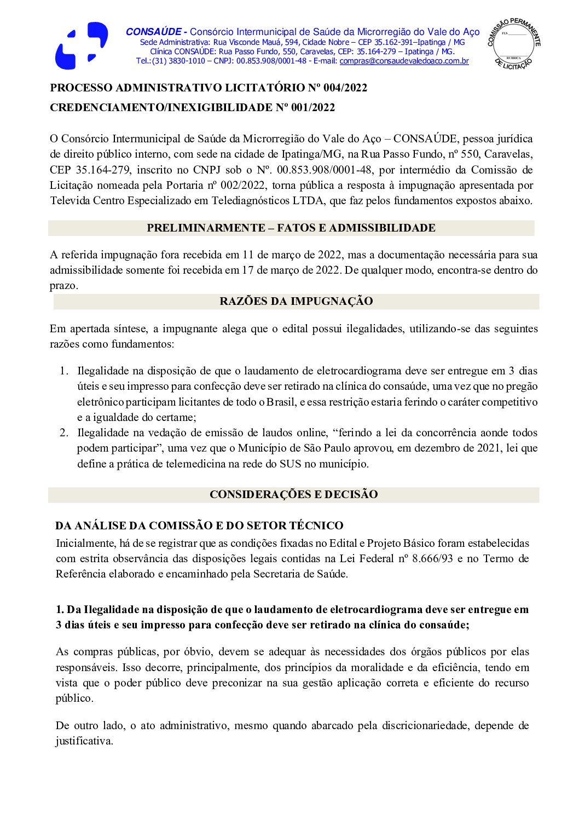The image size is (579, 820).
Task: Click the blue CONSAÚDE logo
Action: click(81, 46)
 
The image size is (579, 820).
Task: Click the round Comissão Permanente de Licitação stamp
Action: click(513, 43)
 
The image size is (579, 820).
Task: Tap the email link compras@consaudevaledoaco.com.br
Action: click(404, 61)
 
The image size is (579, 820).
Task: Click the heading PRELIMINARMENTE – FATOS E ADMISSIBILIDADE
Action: click(291, 228)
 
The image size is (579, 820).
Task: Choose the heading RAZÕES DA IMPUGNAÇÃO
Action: click(296, 302)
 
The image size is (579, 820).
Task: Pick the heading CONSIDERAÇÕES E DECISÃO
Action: click(293, 495)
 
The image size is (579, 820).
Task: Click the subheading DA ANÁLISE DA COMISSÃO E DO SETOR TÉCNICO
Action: click(199, 526)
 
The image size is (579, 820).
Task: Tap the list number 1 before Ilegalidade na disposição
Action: click(63, 371)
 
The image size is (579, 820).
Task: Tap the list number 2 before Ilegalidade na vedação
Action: click(63, 433)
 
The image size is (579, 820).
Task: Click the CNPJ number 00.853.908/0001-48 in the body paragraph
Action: click(325, 170)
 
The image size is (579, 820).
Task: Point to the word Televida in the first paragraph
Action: click(70, 201)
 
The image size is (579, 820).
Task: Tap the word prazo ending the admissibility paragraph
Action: click(63, 286)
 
